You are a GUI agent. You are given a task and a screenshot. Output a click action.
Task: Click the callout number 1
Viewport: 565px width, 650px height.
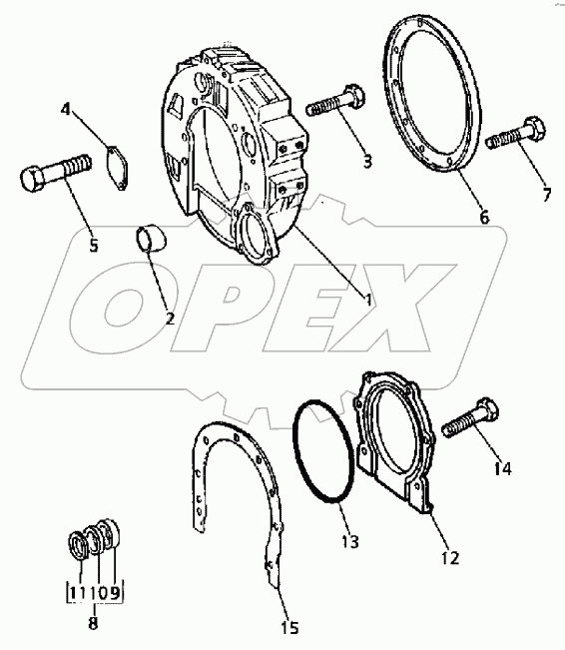point(367,300)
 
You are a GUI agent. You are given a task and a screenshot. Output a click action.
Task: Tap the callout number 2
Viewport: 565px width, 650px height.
point(170,319)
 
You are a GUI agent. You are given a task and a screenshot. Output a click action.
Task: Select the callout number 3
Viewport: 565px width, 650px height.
point(367,162)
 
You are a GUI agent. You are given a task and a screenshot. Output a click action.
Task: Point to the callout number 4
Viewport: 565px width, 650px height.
point(65,110)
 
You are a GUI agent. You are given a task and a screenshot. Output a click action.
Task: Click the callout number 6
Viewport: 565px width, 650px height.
point(484,217)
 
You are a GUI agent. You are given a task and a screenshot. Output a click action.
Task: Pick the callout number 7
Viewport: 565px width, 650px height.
point(547,194)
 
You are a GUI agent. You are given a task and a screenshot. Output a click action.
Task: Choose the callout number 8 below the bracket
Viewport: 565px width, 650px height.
point(94,623)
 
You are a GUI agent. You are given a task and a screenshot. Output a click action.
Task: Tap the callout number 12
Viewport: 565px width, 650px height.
point(450,558)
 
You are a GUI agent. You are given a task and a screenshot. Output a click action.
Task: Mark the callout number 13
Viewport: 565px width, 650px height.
point(349,541)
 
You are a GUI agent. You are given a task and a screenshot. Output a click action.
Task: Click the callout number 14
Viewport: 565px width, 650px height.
point(503,468)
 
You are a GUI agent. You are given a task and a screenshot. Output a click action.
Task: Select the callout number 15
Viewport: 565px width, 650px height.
point(289,628)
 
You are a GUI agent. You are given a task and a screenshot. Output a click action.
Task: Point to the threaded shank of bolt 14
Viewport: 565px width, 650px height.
point(461,424)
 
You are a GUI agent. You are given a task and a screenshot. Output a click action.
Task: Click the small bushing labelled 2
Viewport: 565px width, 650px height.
point(150,239)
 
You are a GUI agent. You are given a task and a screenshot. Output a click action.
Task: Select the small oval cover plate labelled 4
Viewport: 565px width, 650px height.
point(117,168)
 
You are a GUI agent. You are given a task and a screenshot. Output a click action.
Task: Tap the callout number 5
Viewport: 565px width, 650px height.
point(94,246)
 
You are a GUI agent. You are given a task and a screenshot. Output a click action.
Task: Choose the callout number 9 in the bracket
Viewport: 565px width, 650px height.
point(115,593)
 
